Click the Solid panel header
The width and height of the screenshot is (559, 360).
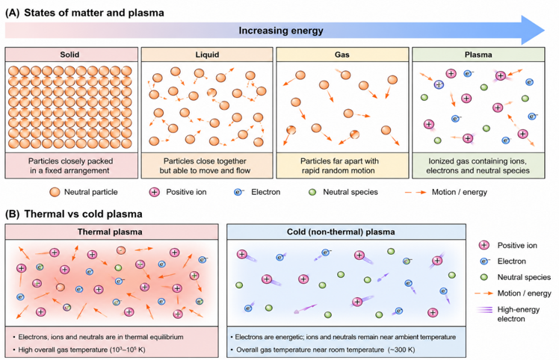coord(71,55)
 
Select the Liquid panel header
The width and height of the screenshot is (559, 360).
coord(207,55)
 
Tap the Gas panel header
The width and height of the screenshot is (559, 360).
coord(342,55)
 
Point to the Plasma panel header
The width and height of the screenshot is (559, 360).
coord(478,55)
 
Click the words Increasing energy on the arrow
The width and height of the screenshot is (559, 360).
coord(281,31)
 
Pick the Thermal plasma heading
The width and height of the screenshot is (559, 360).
coord(110,232)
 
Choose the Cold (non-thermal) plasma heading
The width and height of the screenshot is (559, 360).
coord(341,232)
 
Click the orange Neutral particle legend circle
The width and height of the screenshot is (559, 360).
coord(55,192)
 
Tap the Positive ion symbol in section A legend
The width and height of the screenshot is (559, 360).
coord(155,192)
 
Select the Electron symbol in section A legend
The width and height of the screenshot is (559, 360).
coord(238,192)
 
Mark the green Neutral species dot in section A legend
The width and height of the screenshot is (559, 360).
coord(312,193)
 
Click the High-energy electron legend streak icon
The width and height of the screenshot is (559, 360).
coord(484,309)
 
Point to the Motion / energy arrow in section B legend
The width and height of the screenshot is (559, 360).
coord(484,294)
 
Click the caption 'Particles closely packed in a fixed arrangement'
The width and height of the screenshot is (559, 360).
coord(70,166)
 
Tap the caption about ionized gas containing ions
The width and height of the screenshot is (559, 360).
coord(478,166)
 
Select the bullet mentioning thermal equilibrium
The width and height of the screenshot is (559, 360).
coord(98,337)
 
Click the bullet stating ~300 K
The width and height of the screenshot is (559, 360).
coord(323,350)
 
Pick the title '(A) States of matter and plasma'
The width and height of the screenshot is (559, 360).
coord(84,13)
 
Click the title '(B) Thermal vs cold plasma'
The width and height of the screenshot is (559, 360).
coord(74,214)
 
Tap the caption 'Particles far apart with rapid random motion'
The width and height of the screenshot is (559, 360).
coord(339,166)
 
